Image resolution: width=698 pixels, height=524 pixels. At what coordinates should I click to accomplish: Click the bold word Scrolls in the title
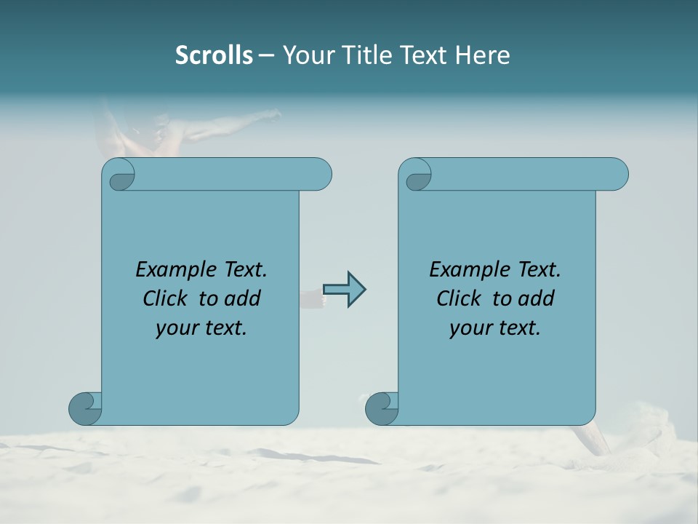(214, 55)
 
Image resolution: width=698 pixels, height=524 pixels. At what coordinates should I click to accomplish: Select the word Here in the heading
(483, 55)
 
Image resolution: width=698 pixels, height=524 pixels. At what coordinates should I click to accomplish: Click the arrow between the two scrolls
(344, 290)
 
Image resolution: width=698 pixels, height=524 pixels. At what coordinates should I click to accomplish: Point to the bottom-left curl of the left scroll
(84, 408)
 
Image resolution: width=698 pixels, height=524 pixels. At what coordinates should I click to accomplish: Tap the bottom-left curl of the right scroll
(381, 408)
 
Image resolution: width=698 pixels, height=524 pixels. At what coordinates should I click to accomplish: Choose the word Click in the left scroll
(166, 298)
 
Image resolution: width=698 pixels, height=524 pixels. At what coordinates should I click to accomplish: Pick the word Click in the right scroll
(460, 298)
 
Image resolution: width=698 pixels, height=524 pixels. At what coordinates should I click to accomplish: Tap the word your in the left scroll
(175, 328)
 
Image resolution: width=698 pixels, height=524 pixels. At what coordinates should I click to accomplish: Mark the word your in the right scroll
(469, 328)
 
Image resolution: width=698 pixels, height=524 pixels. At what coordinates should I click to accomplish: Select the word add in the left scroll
(243, 298)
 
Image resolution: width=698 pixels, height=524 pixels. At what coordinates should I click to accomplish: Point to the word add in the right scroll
(537, 298)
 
